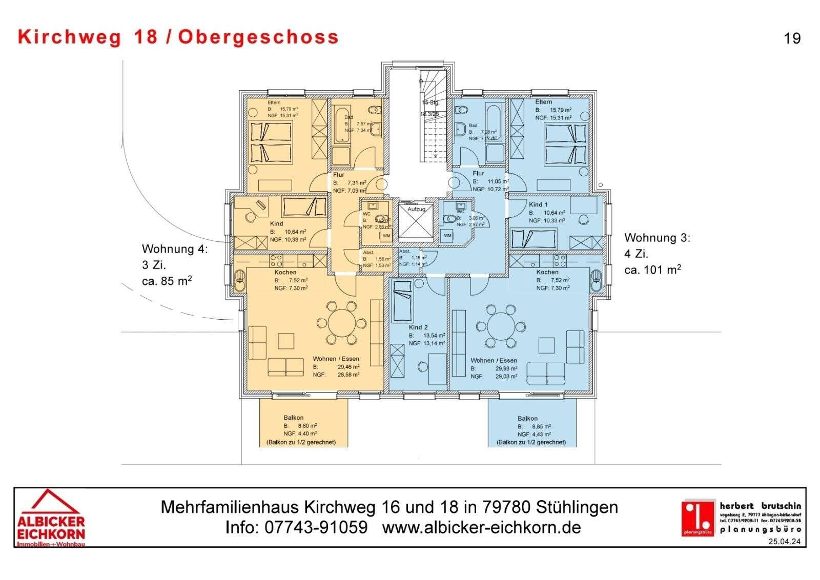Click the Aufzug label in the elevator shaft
coord(416,210)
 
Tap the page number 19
coord(792,38)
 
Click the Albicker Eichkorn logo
coord(51,518)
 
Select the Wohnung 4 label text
coord(174,249)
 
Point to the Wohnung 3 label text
coord(657,238)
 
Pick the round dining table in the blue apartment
coord(500,326)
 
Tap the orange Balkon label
coord(294,418)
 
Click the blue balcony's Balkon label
coord(527,419)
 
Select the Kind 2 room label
coord(418,327)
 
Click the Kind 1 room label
coord(538,204)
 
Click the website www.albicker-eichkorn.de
coord(481,527)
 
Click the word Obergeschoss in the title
coord(258,37)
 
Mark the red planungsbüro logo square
coord(698,518)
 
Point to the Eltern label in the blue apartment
coord(544,102)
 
